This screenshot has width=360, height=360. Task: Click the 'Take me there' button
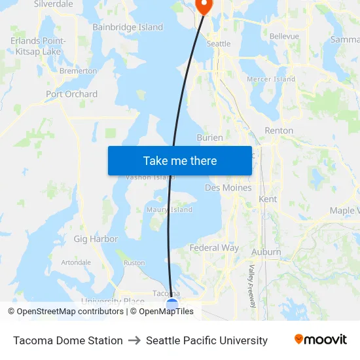180,160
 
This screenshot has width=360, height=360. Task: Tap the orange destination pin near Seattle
204,6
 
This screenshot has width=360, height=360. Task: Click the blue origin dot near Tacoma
172,304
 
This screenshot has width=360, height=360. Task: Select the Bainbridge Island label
128,27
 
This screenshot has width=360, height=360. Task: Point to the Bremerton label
78,71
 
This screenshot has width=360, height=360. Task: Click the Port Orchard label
71,94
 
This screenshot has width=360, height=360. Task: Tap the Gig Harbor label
96,240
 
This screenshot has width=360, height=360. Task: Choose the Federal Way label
214,248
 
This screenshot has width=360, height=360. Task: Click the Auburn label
266,252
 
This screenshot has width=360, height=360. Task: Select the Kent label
268,199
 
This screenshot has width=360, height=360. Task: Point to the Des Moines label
228,188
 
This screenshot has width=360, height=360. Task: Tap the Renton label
279,131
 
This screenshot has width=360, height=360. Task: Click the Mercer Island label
271,79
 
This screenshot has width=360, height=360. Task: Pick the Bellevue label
284,37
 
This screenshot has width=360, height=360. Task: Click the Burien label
209,138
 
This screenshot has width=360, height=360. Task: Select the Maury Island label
169,210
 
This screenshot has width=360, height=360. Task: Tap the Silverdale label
53,4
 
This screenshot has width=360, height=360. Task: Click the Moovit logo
320,340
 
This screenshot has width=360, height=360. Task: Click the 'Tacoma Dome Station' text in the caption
68,340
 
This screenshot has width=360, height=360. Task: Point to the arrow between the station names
134,340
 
